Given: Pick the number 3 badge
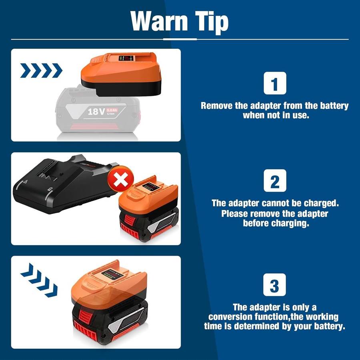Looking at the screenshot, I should (274, 285).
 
